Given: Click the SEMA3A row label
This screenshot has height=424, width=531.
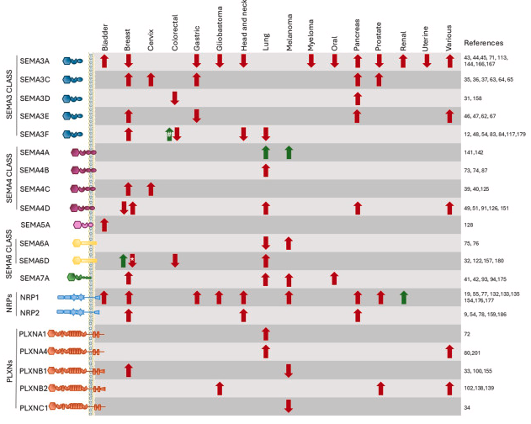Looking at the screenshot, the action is point(35,61).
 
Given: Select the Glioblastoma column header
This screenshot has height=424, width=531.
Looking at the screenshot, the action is point(220,29).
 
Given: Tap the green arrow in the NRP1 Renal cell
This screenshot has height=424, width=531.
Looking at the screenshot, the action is point(403,298).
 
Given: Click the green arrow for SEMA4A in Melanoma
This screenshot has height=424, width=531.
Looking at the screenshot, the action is point(289,152).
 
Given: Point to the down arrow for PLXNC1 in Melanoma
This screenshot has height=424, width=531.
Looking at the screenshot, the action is point(289,406).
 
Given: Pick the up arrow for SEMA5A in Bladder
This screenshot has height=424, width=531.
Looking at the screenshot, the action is point(104,225).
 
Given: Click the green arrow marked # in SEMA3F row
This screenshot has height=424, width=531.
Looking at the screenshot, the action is point(169,135).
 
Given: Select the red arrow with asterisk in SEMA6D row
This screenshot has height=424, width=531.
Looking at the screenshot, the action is point(132,261).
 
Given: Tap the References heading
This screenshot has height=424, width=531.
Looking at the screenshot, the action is point(483,43).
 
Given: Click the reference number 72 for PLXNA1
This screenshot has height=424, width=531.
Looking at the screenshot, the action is point(467,334).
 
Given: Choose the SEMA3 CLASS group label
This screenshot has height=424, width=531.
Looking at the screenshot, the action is point(9,94).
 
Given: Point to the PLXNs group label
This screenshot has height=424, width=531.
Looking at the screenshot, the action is point(9,371).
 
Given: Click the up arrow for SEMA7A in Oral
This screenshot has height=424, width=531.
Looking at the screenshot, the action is point(334,278).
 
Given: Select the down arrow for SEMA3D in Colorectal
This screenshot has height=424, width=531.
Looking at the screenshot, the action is point(175,98).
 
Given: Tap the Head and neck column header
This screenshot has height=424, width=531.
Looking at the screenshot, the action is point(244,25).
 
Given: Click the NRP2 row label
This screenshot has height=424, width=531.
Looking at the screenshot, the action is point(29,313).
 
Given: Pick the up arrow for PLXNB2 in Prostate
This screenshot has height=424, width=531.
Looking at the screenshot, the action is point(380,389).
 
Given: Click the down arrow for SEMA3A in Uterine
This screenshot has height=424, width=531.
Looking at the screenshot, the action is point(427,61).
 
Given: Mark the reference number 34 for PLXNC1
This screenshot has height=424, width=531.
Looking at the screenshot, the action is point(467,407).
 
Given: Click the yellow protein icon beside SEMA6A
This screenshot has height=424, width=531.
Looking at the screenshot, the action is point(85,243).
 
